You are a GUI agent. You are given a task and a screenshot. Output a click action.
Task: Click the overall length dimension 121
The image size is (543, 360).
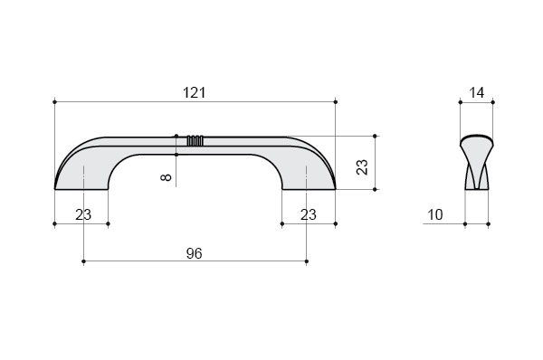[x=194, y=93]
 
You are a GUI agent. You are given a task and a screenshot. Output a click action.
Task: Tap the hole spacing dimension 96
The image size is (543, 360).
[x=194, y=254]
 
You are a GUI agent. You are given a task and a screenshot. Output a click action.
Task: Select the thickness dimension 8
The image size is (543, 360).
[x=167, y=177]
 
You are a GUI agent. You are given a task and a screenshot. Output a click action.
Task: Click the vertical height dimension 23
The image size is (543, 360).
[x=362, y=167]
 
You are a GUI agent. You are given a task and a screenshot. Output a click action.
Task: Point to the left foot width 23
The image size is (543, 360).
[x=83, y=215]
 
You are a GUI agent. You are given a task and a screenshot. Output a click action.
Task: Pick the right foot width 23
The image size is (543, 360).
[x=309, y=215]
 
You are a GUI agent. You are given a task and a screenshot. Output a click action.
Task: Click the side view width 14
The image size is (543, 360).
[x=477, y=93]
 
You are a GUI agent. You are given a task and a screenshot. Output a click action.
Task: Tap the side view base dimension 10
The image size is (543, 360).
[x=435, y=215]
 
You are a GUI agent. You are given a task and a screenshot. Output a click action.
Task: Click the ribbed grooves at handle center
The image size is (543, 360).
[x=195, y=140]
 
